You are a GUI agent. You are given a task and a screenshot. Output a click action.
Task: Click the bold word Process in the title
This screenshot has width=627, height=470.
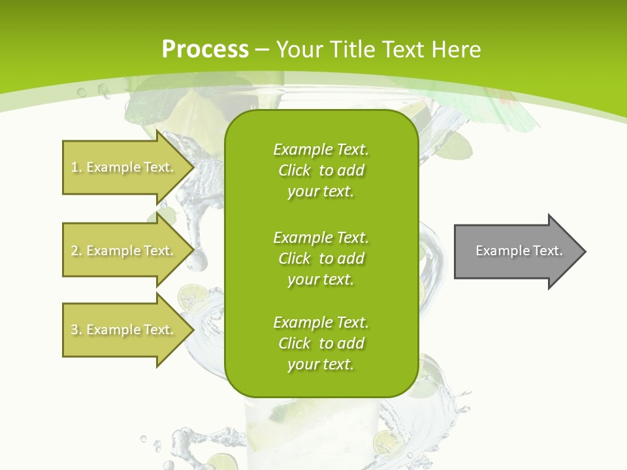click(x=205, y=50)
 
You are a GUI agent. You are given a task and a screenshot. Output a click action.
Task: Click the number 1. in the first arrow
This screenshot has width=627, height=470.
click(x=76, y=167)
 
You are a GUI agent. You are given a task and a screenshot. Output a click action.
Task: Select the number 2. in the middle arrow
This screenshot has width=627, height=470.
click(x=76, y=251)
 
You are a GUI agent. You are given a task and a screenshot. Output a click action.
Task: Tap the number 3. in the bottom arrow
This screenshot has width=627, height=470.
click(x=76, y=330)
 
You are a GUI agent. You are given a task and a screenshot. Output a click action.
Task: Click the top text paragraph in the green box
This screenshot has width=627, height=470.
click(x=321, y=170)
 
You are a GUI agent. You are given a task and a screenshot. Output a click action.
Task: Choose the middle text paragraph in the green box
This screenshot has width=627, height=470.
click(x=321, y=258)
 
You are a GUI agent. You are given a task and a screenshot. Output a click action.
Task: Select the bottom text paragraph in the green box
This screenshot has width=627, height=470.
click(x=321, y=343)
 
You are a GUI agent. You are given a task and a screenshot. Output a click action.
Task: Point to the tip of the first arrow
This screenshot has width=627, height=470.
click(x=193, y=167)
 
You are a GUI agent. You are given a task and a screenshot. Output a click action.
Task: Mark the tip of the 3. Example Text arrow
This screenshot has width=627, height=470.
click(x=193, y=330)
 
